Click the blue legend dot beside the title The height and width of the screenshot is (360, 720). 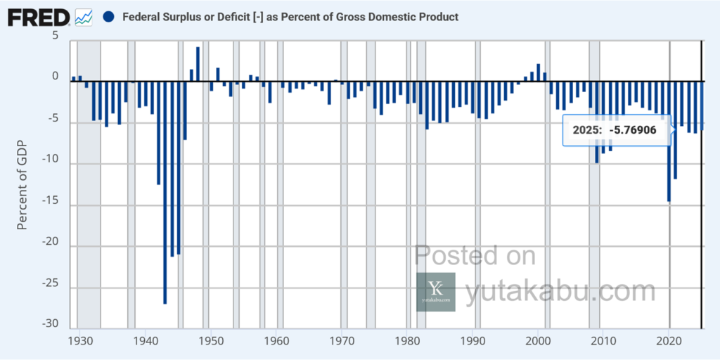point(108,16)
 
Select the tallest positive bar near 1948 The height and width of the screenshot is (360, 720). point(198,63)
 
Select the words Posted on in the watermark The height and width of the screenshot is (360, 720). point(475,255)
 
